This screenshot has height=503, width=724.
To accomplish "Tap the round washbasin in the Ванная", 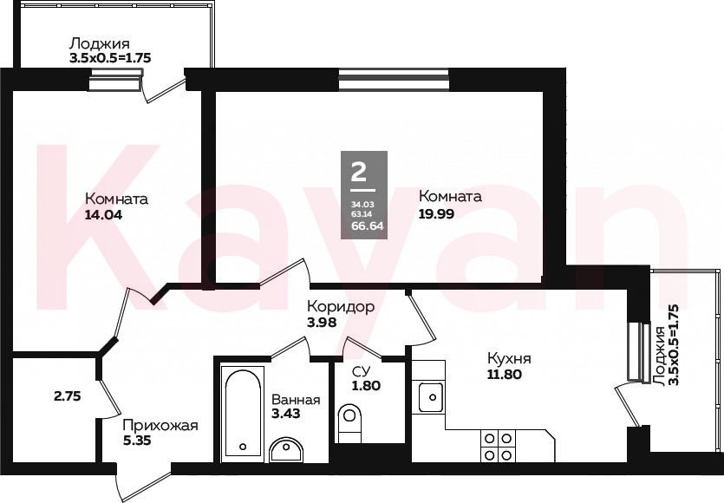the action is point(286,449).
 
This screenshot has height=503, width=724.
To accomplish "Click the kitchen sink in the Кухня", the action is point(430,397).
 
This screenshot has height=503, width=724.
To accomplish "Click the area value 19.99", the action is point(436,214).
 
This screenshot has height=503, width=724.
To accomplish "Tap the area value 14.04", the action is point(103,215).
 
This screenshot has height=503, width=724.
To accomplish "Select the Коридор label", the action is point(340,307).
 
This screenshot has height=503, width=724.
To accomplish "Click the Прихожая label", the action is point(160,425).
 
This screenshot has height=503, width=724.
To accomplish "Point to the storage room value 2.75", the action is point(68,395).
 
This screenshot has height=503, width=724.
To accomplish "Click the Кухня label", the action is point(509,358).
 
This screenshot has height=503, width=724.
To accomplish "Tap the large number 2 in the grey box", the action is point(359,172).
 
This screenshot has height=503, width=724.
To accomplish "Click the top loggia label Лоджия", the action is point(99,44).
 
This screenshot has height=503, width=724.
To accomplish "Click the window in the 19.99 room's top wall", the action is point(394,79).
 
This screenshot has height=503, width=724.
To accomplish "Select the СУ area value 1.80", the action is point(366,386).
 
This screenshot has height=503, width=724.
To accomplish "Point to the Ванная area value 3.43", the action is point(286,414).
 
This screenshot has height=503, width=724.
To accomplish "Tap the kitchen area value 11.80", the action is point(505,373).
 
